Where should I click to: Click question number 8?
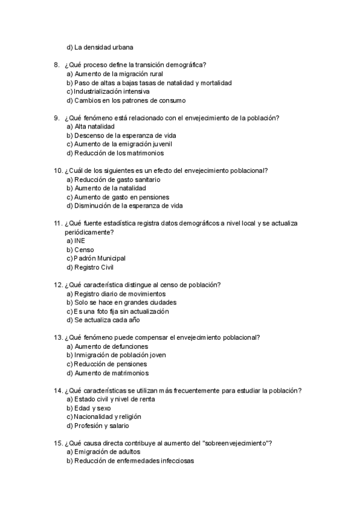point(56,65)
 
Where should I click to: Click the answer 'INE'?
point(80,241)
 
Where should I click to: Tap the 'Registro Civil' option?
point(94,267)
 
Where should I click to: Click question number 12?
point(58,285)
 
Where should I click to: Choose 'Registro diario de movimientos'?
point(119,294)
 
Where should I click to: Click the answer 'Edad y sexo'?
point(92,408)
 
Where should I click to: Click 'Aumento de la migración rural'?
point(115,74)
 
